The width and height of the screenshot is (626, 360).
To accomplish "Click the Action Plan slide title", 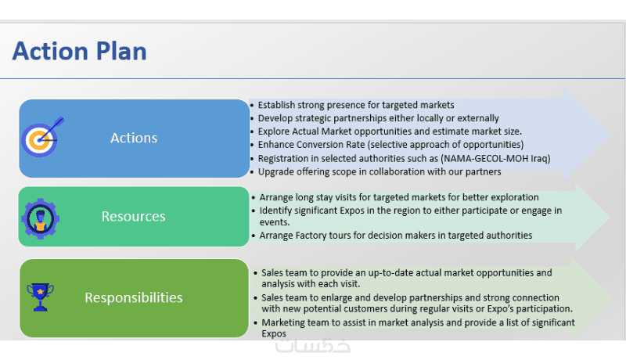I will click(79, 52).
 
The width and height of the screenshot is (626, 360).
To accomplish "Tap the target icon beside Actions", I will click(41, 138).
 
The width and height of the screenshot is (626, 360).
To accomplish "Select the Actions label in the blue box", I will click(134, 138).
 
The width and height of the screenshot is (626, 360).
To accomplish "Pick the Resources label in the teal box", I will click(134, 216).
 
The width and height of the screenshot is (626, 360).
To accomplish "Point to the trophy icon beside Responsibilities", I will click(40, 297).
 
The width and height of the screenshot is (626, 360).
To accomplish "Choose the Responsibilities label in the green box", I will click(134, 297).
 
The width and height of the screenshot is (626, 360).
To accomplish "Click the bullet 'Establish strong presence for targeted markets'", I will click(356, 105).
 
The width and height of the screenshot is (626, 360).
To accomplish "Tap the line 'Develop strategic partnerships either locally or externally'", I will click(378, 118).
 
